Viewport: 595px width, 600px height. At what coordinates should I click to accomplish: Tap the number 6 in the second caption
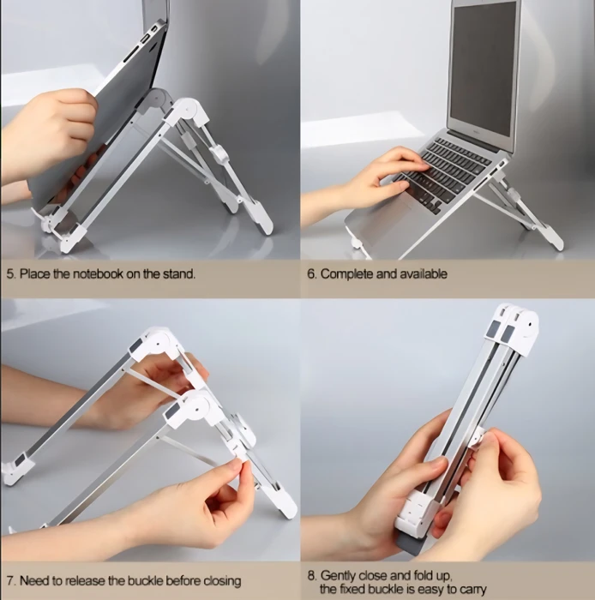[310, 274]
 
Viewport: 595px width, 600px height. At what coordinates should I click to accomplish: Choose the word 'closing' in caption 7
[222, 581]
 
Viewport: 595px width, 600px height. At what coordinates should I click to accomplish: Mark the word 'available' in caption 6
[424, 274]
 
